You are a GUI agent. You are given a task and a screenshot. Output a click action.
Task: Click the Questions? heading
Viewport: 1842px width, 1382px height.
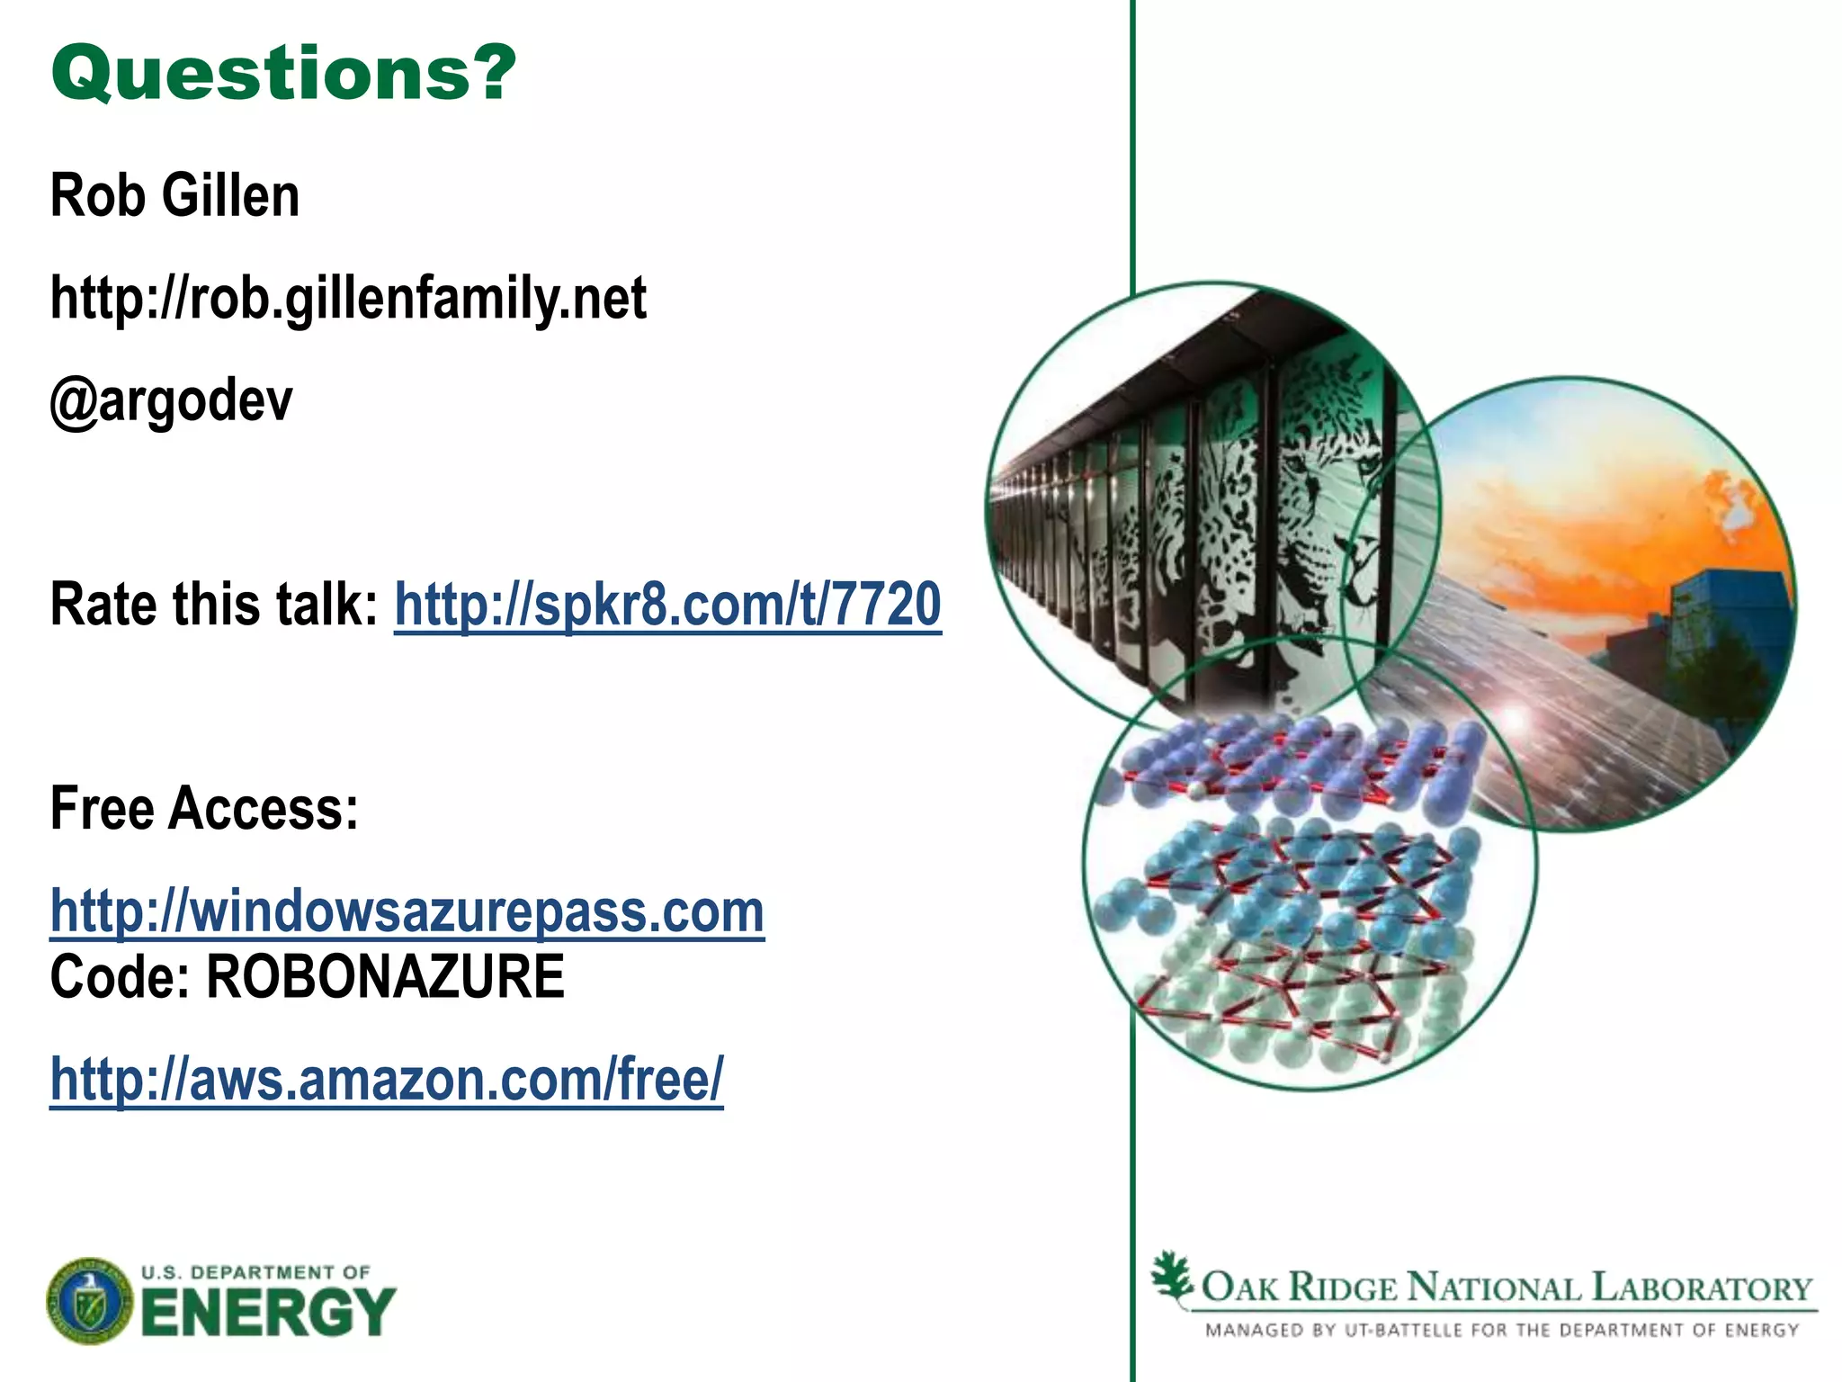[283, 74]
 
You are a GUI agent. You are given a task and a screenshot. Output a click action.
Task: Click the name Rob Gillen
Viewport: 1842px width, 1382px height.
[174, 195]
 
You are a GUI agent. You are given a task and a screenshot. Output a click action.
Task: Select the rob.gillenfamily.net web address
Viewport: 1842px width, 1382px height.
[348, 298]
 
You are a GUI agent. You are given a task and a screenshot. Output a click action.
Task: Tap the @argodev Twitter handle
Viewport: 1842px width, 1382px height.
[171, 400]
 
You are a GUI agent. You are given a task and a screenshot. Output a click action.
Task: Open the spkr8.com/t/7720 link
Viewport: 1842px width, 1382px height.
[667, 604]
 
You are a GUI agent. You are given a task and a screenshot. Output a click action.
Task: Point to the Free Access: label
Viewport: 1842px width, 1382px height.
[204, 808]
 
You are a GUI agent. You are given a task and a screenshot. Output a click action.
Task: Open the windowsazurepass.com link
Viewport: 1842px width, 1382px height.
[407, 911]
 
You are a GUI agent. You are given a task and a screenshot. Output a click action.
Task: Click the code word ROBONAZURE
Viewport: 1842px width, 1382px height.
[385, 977]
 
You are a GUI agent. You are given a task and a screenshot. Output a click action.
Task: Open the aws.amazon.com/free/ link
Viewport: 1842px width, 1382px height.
[386, 1079]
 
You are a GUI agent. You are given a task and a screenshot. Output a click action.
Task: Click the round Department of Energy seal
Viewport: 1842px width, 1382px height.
[89, 1301]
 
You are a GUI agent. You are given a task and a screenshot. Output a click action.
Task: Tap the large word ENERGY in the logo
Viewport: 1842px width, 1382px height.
[268, 1313]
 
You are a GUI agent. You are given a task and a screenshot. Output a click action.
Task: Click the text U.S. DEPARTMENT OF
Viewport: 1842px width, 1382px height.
[255, 1271]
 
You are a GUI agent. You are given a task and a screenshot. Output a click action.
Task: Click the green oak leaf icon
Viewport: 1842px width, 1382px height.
[1172, 1277]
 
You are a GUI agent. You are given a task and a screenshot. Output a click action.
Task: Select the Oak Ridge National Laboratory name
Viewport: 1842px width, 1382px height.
[1507, 1288]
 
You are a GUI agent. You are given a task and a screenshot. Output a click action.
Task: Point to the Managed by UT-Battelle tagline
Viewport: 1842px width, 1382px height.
[1501, 1330]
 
